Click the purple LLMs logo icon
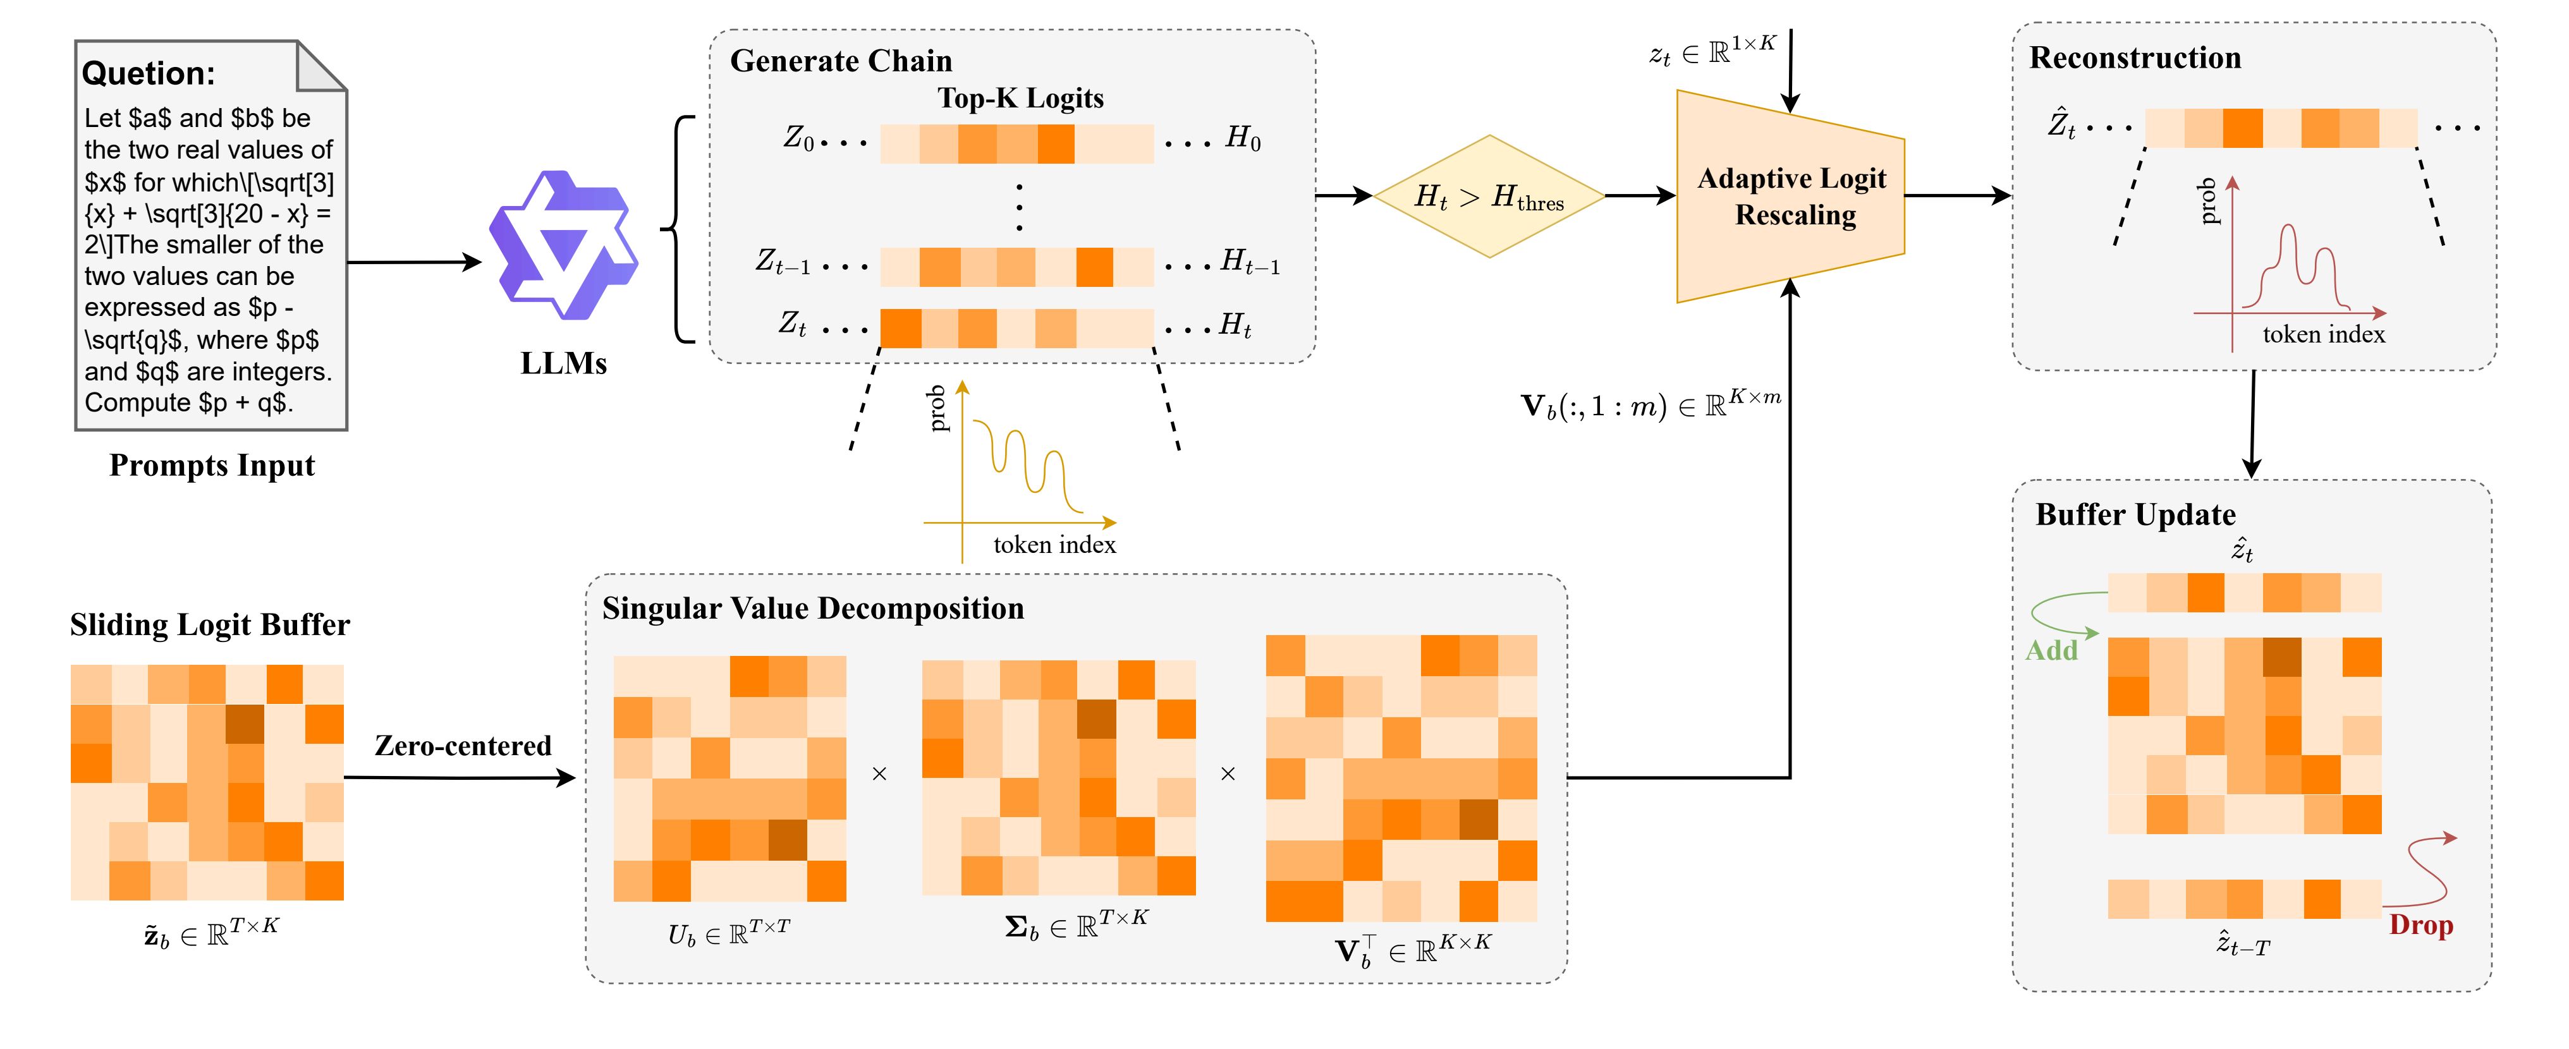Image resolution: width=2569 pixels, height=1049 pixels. [x=563, y=246]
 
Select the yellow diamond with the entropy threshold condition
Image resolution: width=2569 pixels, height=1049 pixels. [x=1489, y=197]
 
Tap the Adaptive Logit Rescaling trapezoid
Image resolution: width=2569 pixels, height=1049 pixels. [x=1791, y=197]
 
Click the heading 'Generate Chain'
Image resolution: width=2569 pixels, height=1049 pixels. [x=841, y=61]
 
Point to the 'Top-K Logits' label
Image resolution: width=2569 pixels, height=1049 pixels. [x=1020, y=98]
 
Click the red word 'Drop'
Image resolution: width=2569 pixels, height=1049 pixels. [x=2420, y=925]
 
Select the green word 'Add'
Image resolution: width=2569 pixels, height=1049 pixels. [x=2051, y=650]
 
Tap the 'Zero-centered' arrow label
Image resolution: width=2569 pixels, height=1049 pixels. [x=463, y=746]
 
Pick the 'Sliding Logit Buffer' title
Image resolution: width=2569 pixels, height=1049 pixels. [x=209, y=625]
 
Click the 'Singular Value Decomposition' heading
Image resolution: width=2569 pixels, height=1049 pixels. [x=813, y=609]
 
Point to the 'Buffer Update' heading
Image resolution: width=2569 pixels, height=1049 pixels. [x=2135, y=514]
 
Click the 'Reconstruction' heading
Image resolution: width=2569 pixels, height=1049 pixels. [x=2135, y=58]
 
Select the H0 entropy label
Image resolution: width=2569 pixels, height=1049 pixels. [x=1243, y=138]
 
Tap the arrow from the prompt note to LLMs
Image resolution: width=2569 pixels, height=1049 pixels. [x=414, y=262]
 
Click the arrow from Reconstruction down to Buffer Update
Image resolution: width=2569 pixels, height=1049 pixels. [x=2252, y=424]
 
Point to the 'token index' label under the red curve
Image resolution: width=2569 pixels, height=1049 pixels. [x=2324, y=335]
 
